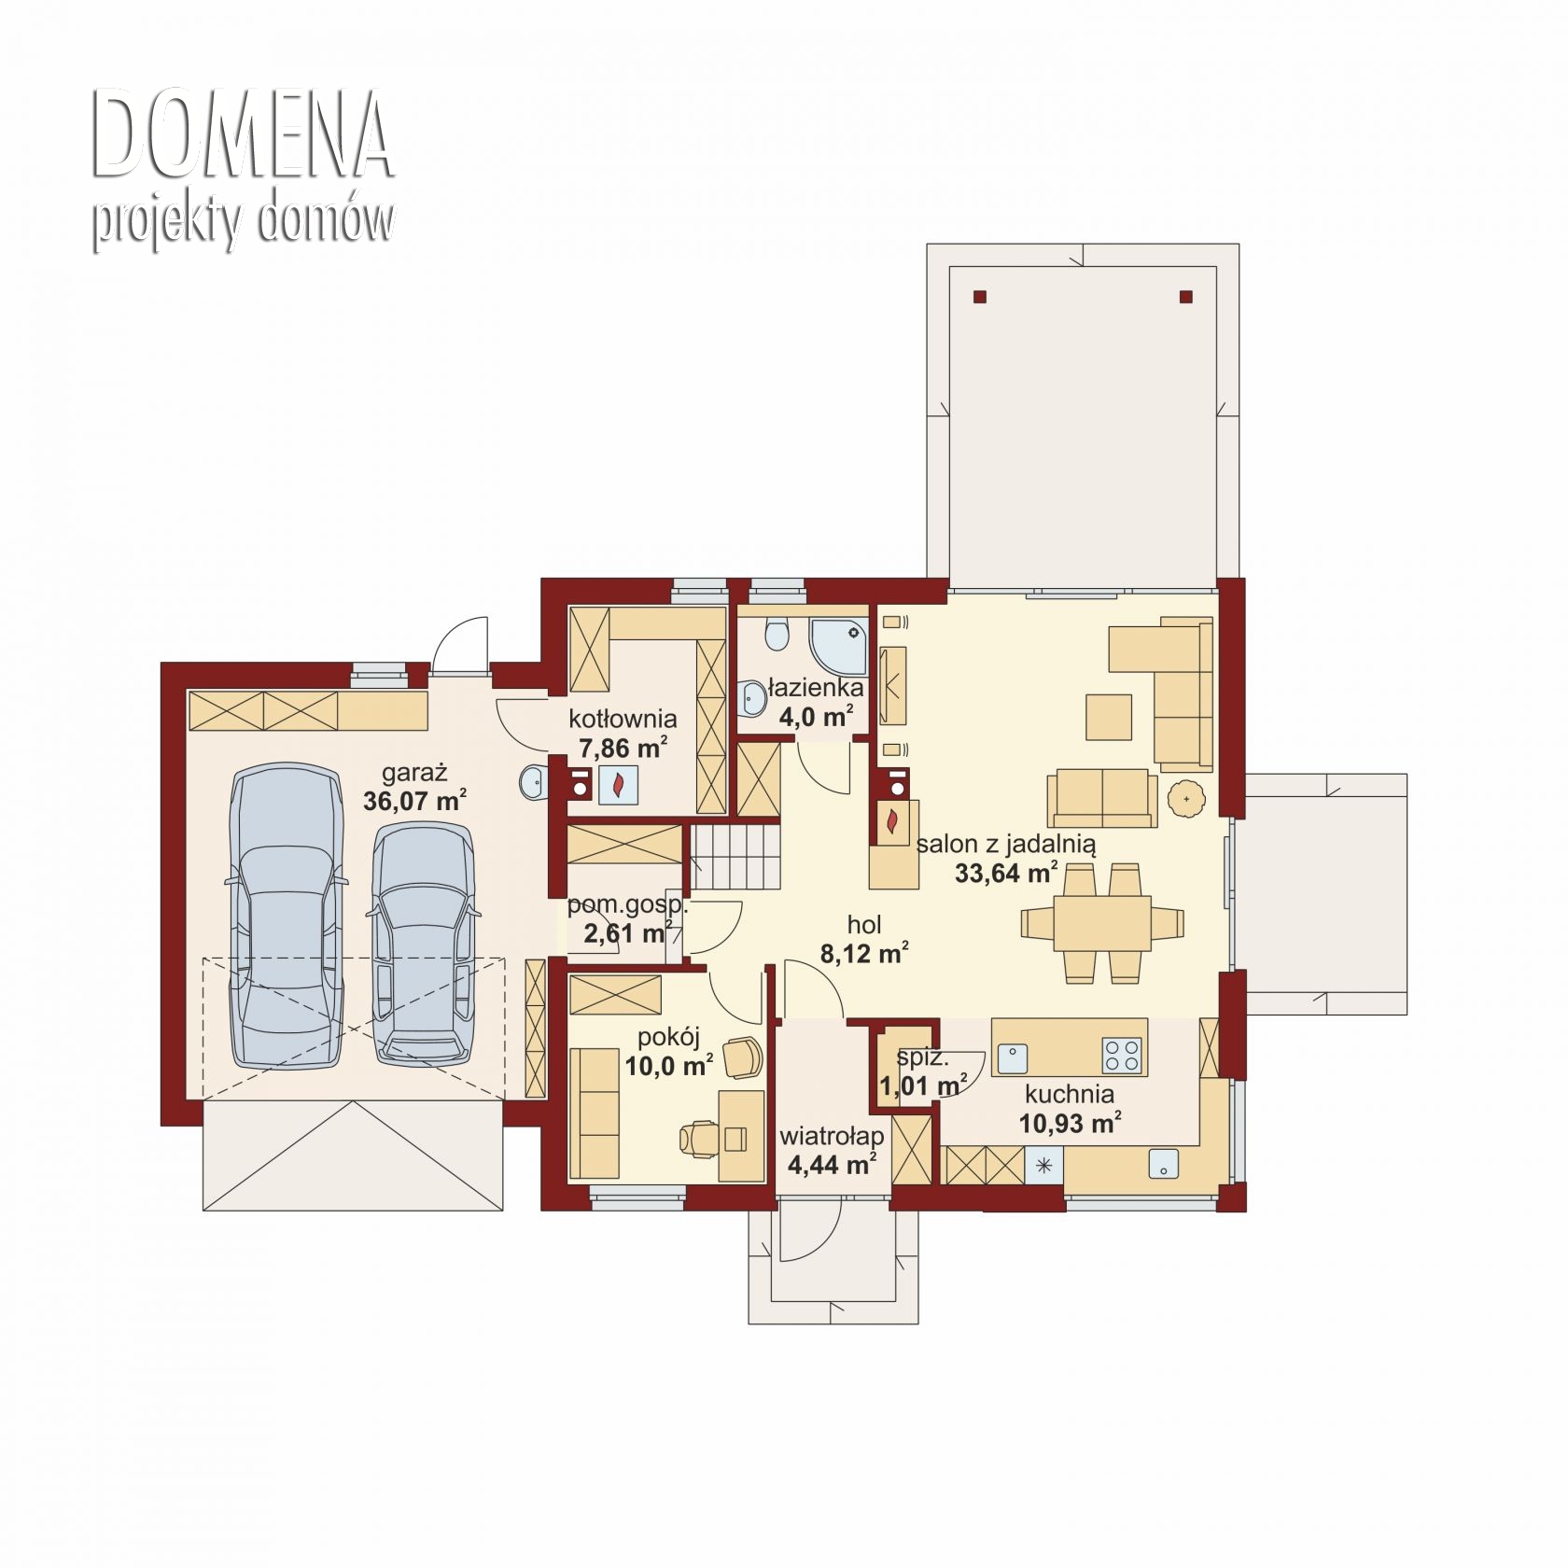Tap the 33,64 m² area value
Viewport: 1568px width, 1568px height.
click(x=1006, y=874)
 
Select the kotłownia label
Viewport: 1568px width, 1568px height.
click(x=623, y=719)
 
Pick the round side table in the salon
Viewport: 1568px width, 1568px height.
click(x=1187, y=799)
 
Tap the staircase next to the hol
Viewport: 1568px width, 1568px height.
click(x=735, y=857)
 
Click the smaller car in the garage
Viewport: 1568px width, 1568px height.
click(x=422, y=944)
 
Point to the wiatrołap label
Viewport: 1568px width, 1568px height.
click(x=832, y=1136)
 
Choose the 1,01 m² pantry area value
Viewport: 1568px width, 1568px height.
click(x=923, y=1086)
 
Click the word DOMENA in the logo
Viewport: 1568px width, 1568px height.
click(x=242, y=136)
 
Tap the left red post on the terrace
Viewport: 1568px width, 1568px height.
click(x=979, y=297)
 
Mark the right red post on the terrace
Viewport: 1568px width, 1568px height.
click(x=1186, y=297)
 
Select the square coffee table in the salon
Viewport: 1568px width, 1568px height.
click(x=1109, y=717)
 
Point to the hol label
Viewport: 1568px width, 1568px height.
click(x=864, y=925)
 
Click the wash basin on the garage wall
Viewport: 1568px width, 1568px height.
click(x=532, y=782)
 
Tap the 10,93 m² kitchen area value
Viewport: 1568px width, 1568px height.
click(x=1070, y=1123)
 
